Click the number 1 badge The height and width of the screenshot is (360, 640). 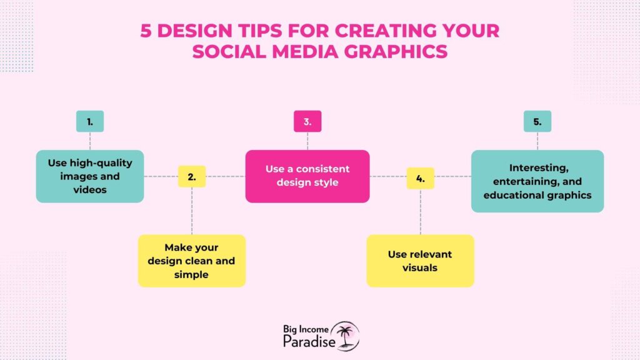pyautogui.click(x=90, y=121)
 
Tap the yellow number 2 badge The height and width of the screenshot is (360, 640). pyautogui.click(x=192, y=176)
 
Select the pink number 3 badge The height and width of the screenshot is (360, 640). pyautogui.click(x=307, y=121)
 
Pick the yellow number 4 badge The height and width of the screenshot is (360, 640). pyautogui.click(x=421, y=178)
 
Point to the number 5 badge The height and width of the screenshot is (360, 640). pyautogui.click(x=537, y=121)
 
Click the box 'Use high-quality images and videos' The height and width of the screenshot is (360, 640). pyautogui.click(x=90, y=176)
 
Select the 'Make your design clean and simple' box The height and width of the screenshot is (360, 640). pyautogui.click(x=192, y=261)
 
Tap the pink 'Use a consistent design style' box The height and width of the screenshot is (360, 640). pyautogui.click(x=307, y=176)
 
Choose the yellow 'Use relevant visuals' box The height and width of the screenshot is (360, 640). pyautogui.click(x=421, y=261)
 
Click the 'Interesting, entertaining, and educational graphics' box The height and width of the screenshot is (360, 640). pyautogui.click(x=537, y=181)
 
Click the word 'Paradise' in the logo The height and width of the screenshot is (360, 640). pyautogui.click(x=309, y=341)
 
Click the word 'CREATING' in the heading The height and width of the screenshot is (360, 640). pyautogui.click(x=379, y=31)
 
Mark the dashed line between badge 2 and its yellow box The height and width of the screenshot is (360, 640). pyautogui.click(x=192, y=211)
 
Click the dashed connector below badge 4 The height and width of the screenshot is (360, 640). pyautogui.click(x=421, y=212)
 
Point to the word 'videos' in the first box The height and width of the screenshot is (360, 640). pyautogui.click(x=90, y=190)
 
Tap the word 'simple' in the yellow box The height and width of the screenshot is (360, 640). pyautogui.click(x=191, y=275)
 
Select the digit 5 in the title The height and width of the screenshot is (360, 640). pyautogui.click(x=146, y=31)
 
